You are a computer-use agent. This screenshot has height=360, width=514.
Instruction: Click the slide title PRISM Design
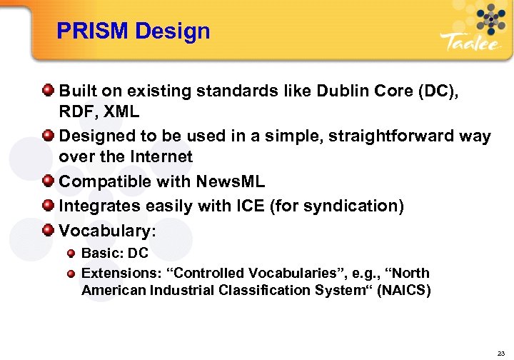[x=133, y=31]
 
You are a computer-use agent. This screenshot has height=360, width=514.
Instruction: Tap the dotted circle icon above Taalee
[x=490, y=19]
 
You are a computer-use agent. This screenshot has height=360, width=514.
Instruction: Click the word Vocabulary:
[x=107, y=231]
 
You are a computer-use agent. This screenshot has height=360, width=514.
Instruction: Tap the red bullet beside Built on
[x=46, y=91]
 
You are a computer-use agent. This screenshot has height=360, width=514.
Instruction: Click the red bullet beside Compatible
[x=46, y=181]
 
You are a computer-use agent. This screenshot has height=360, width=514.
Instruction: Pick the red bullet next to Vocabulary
[x=46, y=230]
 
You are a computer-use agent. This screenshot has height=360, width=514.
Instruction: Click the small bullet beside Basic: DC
[x=71, y=253]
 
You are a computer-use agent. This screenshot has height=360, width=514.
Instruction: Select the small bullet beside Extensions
[x=71, y=273]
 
